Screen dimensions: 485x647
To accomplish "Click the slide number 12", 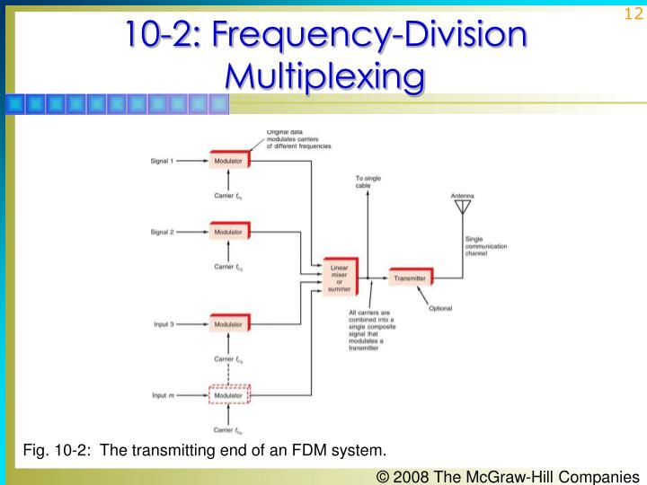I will click(x=629, y=15).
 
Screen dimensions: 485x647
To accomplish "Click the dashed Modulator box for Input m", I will click(x=229, y=394).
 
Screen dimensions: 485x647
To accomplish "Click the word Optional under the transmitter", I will click(x=440, y=308).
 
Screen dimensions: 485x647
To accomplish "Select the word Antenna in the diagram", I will click(x=464, y=195).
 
